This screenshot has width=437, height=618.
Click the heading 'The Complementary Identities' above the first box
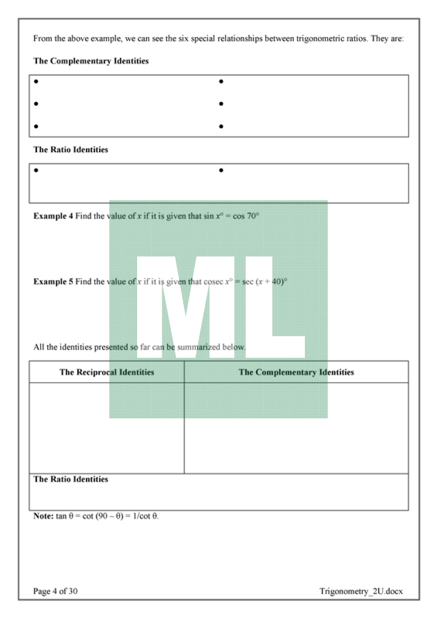(x=91, y=61)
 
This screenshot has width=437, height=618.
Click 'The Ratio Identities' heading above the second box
(x=70, y=149)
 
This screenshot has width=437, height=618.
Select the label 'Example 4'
(x=53, y=216)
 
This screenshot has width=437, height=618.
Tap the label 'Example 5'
(x=53, y=282)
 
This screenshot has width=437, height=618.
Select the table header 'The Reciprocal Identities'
(x=107, y=373)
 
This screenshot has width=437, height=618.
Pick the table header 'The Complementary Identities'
(x=296, y=373)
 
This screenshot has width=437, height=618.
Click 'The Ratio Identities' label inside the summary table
(x=70, y=479)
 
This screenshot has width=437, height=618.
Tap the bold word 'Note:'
(x=43, y=516)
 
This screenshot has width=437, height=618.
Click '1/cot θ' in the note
(x=144, y=516)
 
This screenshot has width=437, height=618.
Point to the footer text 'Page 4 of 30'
(x=55, y=591)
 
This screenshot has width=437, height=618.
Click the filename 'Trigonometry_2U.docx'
(x=362, y=591)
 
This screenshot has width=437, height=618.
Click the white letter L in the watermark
(x=273, y=308)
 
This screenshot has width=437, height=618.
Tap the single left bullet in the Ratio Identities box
(x=36, y=170)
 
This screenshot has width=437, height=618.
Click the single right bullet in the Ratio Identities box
(x=221, y=170)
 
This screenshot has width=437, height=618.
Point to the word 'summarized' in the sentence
(x=205, y=347)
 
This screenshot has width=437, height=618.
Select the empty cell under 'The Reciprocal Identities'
(x=107, y=428)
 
